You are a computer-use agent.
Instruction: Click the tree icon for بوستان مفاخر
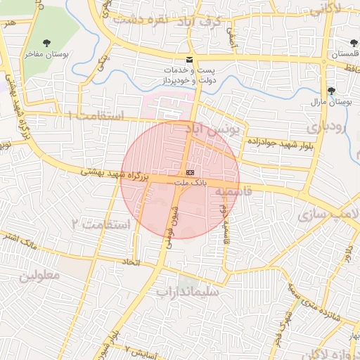[x=47, y=44]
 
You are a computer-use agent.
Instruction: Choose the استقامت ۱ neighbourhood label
[x=98, y=115]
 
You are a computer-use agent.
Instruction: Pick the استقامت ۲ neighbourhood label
[x=102, y=224]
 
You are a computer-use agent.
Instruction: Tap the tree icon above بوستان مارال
[x=331, y=91]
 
